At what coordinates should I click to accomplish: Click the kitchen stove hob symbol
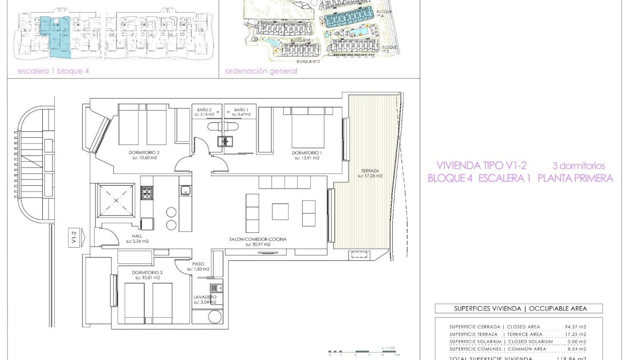click(146, 193)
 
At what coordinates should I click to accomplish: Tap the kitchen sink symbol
click(185, 190)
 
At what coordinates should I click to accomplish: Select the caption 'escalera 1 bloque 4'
click(53, 71)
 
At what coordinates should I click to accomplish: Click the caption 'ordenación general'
click(261, 71)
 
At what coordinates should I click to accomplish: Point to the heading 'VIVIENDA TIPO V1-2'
click(481, 166)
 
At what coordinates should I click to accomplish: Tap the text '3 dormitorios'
click(578, 166)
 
